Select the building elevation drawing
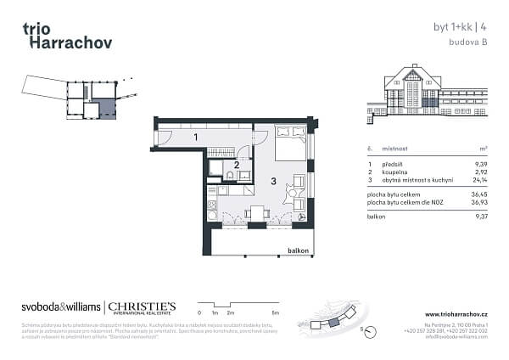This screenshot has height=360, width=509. coord(428,93)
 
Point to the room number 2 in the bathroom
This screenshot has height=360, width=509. coord(237,165)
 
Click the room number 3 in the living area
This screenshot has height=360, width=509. coord(272,181)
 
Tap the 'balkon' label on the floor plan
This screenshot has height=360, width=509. coord(298,251)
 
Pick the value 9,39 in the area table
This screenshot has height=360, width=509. coord(481,163)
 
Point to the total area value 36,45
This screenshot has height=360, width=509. coord(480,195)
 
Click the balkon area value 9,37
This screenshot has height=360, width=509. coord(481,217)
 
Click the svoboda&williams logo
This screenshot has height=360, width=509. coord(59,307)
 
